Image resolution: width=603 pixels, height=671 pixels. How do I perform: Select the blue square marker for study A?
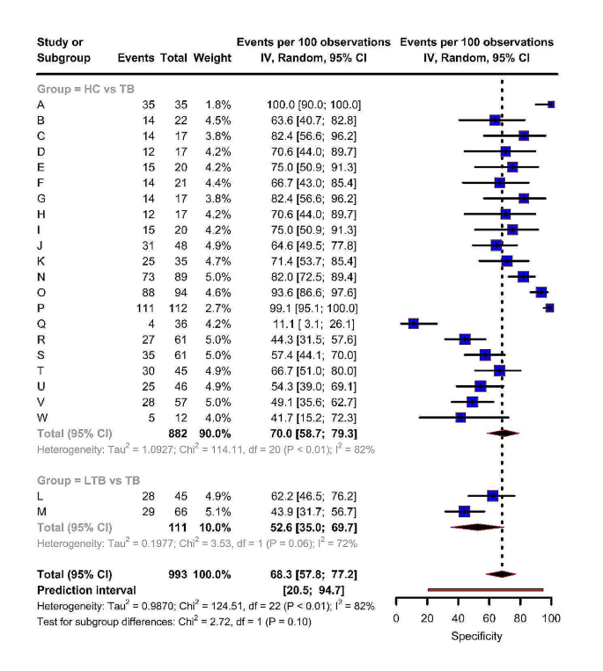pos(551,104)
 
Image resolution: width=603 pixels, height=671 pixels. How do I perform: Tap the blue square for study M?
pos(465,511)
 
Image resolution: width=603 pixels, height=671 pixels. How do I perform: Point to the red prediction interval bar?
pos(485,590)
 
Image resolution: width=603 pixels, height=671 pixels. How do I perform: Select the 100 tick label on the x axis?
pos(551,619)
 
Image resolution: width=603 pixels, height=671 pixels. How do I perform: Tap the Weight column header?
pos(214,58)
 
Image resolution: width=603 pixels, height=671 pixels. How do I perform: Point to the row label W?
pos(41,417)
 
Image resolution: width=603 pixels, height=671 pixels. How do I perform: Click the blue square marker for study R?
pos(465,339)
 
